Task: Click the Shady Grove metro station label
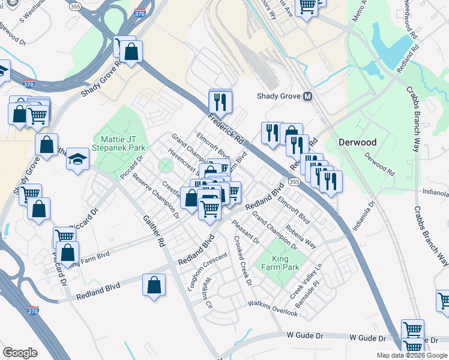point(279,96)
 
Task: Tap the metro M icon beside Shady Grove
point(308,96)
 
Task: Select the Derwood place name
point(357,143)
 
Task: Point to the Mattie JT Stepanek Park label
point(119,142)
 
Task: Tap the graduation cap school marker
point(77,159)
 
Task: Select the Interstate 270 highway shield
point(34,311)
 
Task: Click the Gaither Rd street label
point(152,233)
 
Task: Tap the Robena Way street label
point(301,236)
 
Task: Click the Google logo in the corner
point(20,353)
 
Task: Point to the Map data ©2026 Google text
point(412,355)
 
